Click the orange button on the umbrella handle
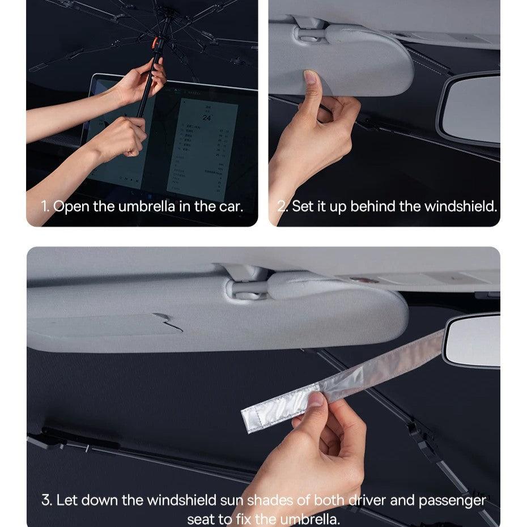155,42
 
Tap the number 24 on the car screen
207,118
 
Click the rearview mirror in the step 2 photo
471,108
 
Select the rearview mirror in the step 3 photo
472,340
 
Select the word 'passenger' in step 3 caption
452,501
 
